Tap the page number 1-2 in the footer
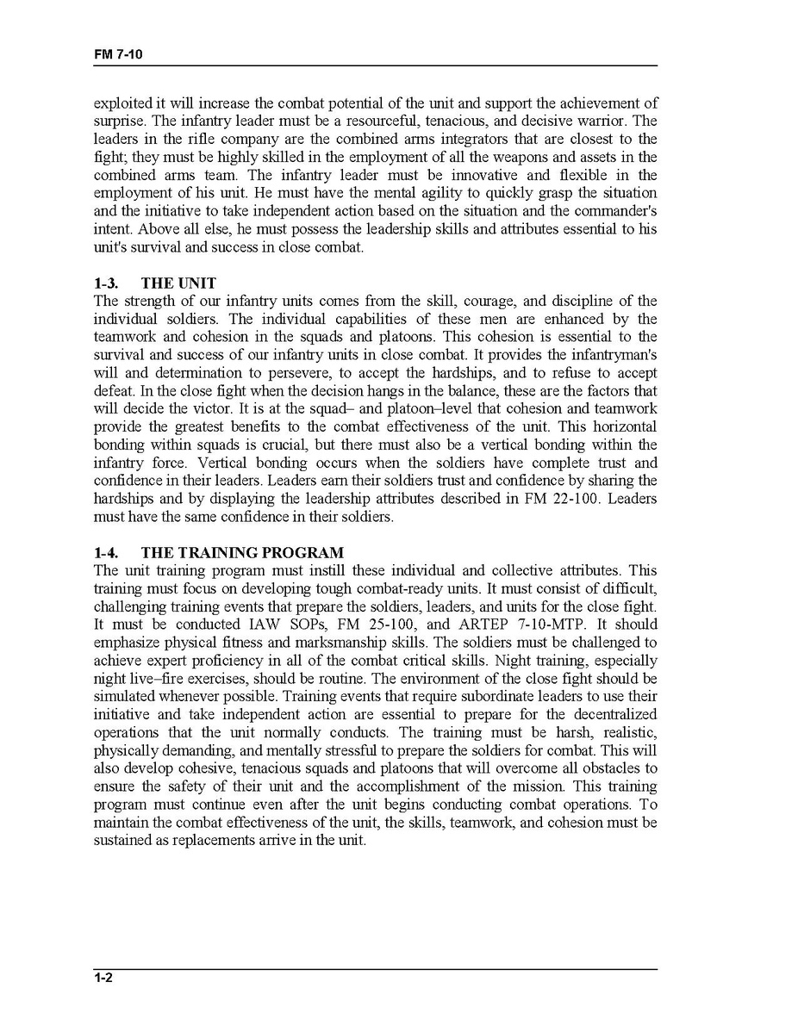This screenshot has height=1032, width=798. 104,977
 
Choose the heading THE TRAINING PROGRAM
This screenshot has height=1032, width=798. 242,552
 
